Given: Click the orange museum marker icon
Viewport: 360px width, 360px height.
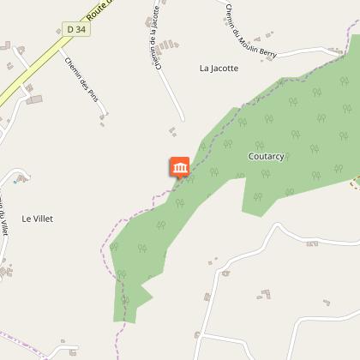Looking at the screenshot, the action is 180,167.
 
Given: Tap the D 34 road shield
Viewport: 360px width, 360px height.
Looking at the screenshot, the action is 76,29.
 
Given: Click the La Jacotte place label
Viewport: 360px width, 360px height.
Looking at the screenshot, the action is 219,68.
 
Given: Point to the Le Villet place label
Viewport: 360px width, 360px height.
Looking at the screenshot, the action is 38,219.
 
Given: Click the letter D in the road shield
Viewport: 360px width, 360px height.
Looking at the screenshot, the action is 70,29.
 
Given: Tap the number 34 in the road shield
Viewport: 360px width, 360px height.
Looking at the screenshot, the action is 81,29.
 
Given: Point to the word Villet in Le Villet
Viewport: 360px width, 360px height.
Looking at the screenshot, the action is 43,219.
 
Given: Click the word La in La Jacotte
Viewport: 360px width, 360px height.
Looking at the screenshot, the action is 204,68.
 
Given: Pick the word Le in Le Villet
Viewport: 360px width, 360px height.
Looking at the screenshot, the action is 27,219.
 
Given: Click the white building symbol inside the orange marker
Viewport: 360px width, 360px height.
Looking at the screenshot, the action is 180,165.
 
